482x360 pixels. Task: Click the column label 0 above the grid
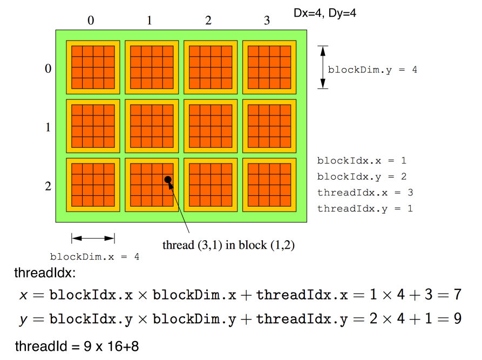point(91,21)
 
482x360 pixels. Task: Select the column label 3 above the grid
point(267,21)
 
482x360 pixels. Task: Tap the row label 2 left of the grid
point(48,187)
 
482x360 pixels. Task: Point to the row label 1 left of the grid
point(48,128)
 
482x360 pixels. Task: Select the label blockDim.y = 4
point(372,70)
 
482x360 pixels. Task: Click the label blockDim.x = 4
point(94,257)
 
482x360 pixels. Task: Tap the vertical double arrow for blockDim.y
point(322,67)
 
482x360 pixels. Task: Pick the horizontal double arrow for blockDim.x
point(93,238)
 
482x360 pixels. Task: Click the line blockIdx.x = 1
point(362,160)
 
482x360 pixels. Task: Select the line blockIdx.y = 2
point(362,176)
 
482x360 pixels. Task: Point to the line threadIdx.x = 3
point(365,192)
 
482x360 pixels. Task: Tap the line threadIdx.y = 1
point(365,208)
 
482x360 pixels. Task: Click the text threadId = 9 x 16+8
point(77,346)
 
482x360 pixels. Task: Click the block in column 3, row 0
point(267,67)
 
